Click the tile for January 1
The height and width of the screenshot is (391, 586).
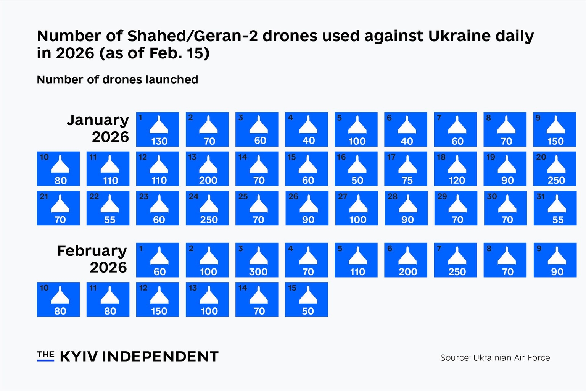158,129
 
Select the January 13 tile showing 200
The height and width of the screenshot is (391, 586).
207,169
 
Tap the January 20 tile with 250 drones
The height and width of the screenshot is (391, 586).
555,169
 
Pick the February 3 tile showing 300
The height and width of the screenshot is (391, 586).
257,260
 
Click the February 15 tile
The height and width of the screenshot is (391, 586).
306,299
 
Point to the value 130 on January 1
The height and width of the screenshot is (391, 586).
159,141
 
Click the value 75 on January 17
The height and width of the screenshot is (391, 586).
407,181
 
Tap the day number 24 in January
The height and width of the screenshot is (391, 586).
193,196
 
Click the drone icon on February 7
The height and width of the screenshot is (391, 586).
457,255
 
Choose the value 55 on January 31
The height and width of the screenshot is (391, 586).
558,220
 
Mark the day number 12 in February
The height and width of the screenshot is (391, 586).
143,288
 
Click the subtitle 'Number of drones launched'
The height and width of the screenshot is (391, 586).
118,79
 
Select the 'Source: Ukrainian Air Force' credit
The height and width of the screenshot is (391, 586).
495,358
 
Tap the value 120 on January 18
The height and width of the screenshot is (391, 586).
457,181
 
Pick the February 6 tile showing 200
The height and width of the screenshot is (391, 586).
406,260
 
